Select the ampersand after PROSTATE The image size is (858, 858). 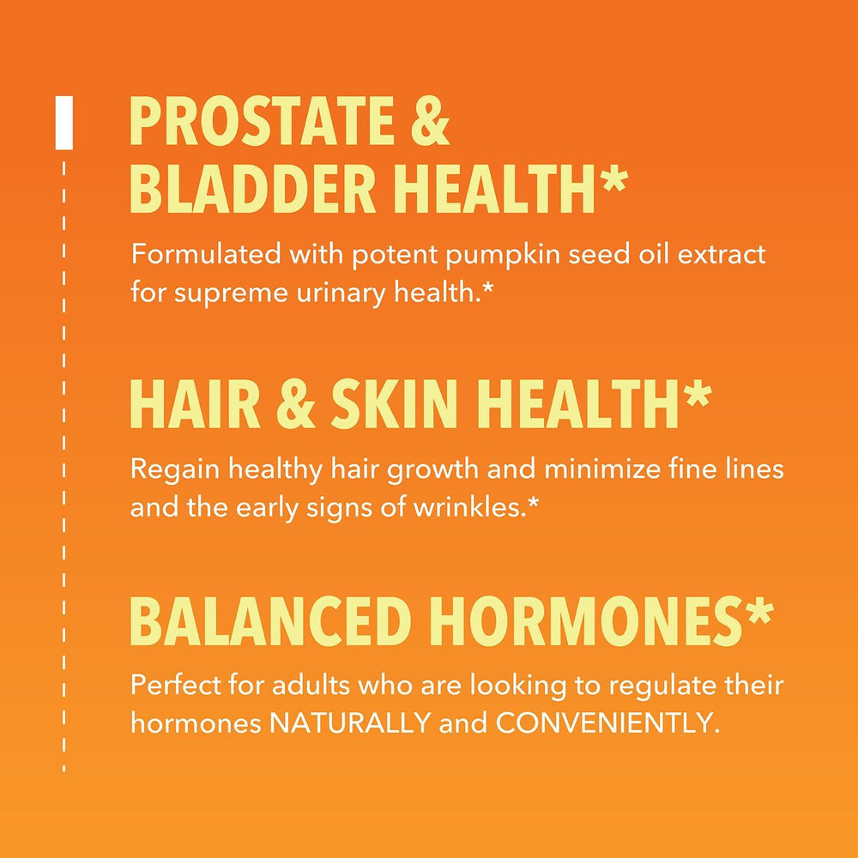pos(428,124)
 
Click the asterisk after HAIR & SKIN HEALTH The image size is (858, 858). pos(697,396)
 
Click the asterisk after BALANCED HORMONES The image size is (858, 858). pos(758,613)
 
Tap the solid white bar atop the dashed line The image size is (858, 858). pos(63,124)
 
